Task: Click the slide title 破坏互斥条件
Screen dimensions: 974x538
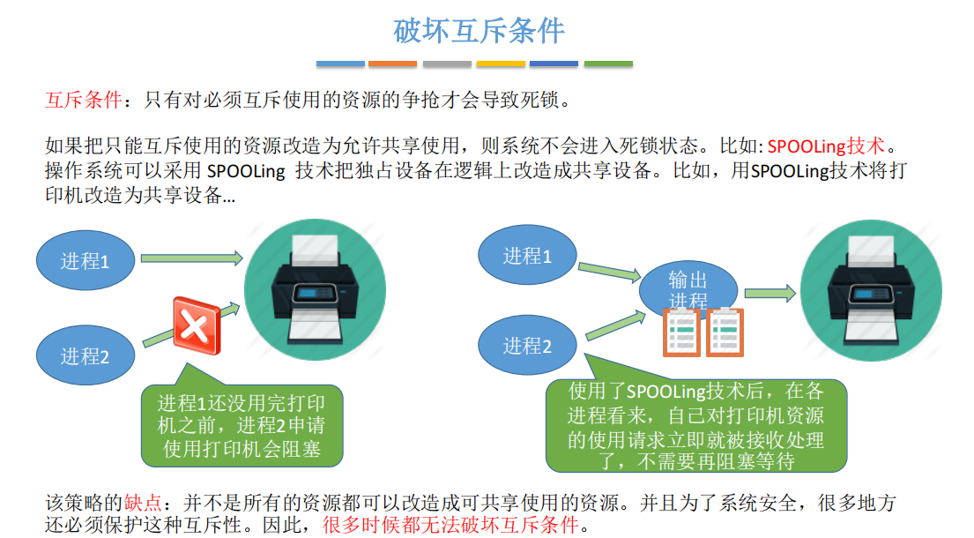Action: [x=479, y=31]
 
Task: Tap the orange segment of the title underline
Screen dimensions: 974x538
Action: [x=392, y=64]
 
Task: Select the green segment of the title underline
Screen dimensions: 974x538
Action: [x=609, y=64]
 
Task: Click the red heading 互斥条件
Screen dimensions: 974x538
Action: [x=83, y=100]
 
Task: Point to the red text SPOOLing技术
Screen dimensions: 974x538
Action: [x=826, y=146]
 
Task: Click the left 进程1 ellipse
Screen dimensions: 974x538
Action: [x=86, y=261]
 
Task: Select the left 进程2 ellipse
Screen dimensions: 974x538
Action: [x=86, y=355]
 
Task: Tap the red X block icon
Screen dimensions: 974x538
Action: [x=197, y=325]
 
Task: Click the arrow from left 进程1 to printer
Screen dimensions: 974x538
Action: [x=191, y=258]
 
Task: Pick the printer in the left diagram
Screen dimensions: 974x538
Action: [x=315, y=289]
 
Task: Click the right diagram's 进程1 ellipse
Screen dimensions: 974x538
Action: [x=527, y=255]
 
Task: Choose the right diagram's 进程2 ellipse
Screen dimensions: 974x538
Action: [x=527, y=345]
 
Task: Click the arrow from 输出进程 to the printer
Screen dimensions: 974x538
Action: [x=770, y=293]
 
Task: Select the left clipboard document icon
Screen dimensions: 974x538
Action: [x=681, y=332]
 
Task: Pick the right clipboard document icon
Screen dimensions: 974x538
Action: [x=725, y=332]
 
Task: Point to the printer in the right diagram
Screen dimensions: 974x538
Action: [x=871, y=291]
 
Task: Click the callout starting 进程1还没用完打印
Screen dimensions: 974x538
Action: [x=242, y=426]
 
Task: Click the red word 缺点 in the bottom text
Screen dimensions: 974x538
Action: [x=142, y=503]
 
